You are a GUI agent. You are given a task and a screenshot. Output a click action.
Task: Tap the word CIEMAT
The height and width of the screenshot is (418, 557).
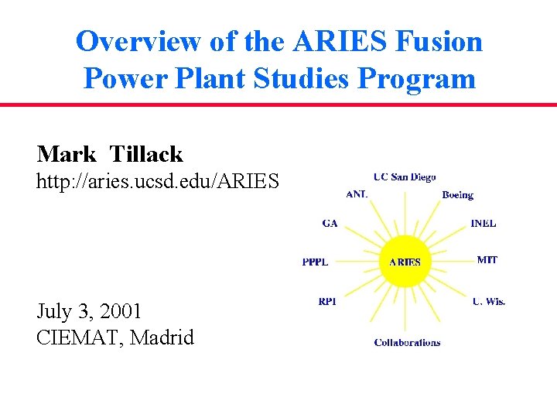(80, 337)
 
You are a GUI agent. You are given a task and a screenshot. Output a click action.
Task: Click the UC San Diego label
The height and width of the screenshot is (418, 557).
(404, 177)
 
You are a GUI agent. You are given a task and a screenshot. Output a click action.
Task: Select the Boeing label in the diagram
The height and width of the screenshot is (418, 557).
(457, 195)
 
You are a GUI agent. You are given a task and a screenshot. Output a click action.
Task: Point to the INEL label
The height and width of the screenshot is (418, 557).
(483, 224)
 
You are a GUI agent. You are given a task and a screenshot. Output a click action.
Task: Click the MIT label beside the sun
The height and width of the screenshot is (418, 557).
(487, 260)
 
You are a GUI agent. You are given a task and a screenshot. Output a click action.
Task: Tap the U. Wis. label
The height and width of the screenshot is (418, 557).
(488, 301)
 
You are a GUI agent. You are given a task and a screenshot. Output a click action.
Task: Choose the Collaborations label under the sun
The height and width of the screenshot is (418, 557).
(407, 342)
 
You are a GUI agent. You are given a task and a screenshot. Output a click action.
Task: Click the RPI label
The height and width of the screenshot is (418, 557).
(327, 301)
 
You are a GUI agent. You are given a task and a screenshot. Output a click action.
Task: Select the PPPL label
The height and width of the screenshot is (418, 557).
(315, 262)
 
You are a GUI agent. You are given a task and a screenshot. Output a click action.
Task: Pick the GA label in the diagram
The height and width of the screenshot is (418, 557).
(330, 224)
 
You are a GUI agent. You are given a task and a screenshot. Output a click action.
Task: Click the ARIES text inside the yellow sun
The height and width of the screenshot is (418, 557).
(405, 262)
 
